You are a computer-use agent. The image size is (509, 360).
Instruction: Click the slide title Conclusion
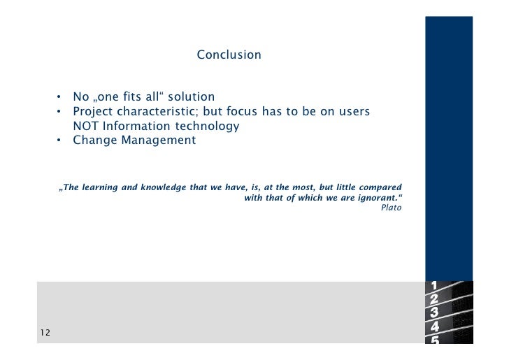click(x=229, y=55)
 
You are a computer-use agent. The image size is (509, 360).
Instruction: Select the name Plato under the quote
click(x=391, y=208)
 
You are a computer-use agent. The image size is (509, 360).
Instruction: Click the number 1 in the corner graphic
click(x=435, y=285)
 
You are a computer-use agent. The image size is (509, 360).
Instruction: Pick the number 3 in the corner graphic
click(x=435, y=312)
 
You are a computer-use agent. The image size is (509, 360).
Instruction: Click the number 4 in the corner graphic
click(x=435, y=326)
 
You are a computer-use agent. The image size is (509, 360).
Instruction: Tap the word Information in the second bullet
click(x=137, y=127)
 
